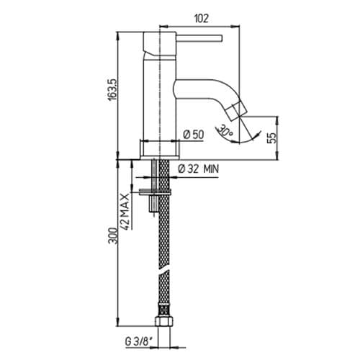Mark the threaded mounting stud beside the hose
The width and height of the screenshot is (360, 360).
[151, 205]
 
